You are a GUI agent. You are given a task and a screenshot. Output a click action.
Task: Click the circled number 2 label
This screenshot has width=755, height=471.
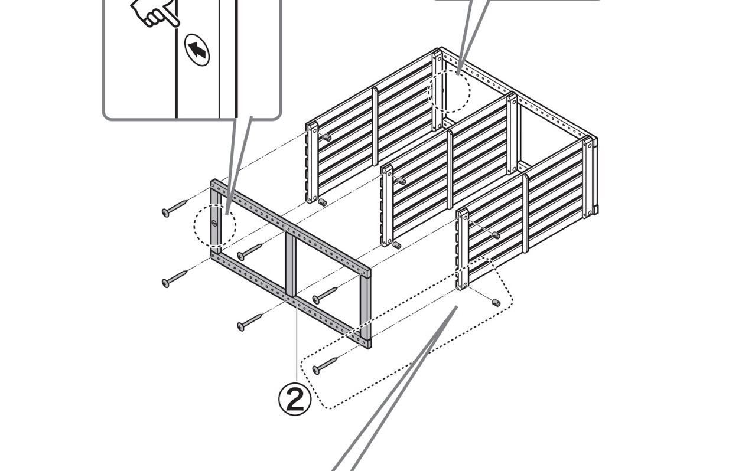pos(294,400)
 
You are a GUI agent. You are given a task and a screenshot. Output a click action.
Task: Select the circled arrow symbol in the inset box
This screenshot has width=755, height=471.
pos(197,50)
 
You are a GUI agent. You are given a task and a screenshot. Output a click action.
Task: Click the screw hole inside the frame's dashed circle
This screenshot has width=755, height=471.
pos(214,224)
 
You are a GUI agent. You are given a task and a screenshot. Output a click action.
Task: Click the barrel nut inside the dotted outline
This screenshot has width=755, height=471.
pos(496,303)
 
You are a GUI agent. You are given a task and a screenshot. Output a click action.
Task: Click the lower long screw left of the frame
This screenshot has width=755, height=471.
pos(175,279)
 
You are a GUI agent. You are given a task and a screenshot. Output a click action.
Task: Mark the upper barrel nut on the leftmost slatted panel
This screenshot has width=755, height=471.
pos(326,138)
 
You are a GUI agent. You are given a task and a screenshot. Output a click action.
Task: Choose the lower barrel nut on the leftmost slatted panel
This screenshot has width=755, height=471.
pos(323,202)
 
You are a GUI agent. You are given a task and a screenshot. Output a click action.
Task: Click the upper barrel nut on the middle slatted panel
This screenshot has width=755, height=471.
pos(401,181)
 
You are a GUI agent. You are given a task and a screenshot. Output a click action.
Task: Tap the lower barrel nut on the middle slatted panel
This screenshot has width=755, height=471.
pos(396,245)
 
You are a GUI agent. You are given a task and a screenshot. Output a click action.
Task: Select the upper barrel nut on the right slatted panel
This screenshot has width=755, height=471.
pos(495,235)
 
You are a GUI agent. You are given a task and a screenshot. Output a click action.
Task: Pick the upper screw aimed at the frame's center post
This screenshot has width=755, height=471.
pos(249,252)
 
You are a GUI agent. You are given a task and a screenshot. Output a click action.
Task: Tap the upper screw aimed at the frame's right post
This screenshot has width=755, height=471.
pos(324,294)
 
